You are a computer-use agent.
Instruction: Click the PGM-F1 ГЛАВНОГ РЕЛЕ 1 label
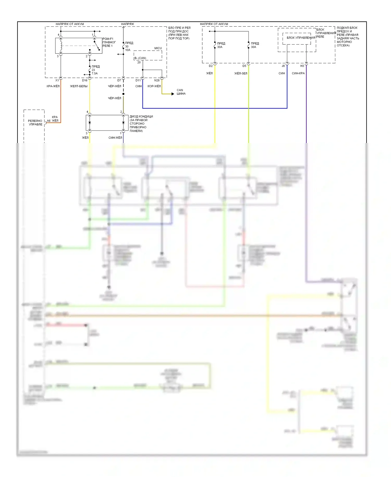(109, 42)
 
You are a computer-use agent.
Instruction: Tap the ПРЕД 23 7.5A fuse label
(95, 70)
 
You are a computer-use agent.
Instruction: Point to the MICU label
(158, 48)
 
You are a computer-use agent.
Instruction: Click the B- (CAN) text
(140, 58)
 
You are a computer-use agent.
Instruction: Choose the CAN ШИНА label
(181, 92)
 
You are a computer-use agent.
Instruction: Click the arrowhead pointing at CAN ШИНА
(173, 94)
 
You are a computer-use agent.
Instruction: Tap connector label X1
(57, 80)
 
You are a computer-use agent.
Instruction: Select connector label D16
(85, 80)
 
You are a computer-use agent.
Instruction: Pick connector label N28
(157, 80)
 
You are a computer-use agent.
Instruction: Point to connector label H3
(302, 66)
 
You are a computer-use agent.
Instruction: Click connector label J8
(283, 66)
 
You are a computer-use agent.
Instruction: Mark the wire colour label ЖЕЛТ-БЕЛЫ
(79, 86)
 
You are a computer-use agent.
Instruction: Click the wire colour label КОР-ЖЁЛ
(154, 86)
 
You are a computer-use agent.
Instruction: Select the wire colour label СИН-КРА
(298, 73)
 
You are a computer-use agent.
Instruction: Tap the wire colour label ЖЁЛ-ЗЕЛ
(241, 73)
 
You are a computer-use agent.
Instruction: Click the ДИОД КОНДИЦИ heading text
(141, 117)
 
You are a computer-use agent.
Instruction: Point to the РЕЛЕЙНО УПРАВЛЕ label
(35, 123)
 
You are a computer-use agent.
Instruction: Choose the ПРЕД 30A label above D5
(255, 45)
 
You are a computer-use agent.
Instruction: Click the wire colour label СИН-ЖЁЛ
(115, 138)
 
